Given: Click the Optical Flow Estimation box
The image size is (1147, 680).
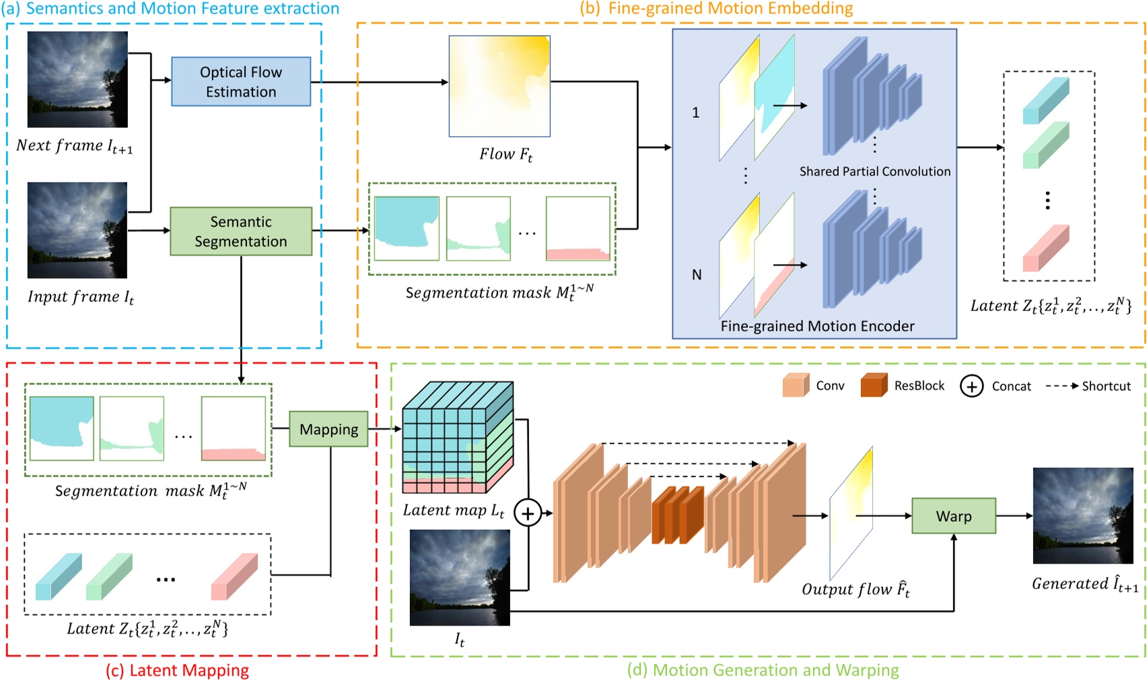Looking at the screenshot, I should (x=241, y=81).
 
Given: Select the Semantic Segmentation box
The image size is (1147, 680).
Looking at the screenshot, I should (x=241, y=231).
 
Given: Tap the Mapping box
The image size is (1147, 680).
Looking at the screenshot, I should (x=328, y=429).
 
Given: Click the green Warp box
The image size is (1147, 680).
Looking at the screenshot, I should (x=953, y=516).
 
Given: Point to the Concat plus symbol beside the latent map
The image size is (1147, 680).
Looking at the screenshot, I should (x=528, y=514).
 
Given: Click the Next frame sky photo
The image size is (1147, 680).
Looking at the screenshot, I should (x=77, y=79).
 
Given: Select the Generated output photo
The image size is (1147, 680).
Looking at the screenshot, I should (x=1082, y=516).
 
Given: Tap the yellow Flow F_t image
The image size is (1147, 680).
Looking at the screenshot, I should (x=499, y=86).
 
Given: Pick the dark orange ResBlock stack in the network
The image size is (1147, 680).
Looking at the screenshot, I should (x=677, y=515).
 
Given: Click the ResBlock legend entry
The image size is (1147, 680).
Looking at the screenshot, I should (x=902, y=386).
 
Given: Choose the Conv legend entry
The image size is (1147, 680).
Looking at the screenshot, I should (x=813, y=386).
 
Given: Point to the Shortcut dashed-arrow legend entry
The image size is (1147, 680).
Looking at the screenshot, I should (x=1088, y=386).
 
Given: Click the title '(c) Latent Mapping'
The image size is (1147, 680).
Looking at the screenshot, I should (x=177, y=670).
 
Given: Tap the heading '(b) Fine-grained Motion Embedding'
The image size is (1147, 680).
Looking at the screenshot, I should (x=716, y=9).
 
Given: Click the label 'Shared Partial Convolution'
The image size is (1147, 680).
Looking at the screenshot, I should (x=874, y=172).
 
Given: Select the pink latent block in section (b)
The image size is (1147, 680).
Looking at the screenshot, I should (x=1045, y=248).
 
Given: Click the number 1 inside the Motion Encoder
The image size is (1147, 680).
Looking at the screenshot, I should (x=696, y=112).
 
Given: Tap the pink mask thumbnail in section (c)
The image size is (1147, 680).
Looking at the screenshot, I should (x=233, y=428).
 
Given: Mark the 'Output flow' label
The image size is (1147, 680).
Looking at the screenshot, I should (x=855, y=590).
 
